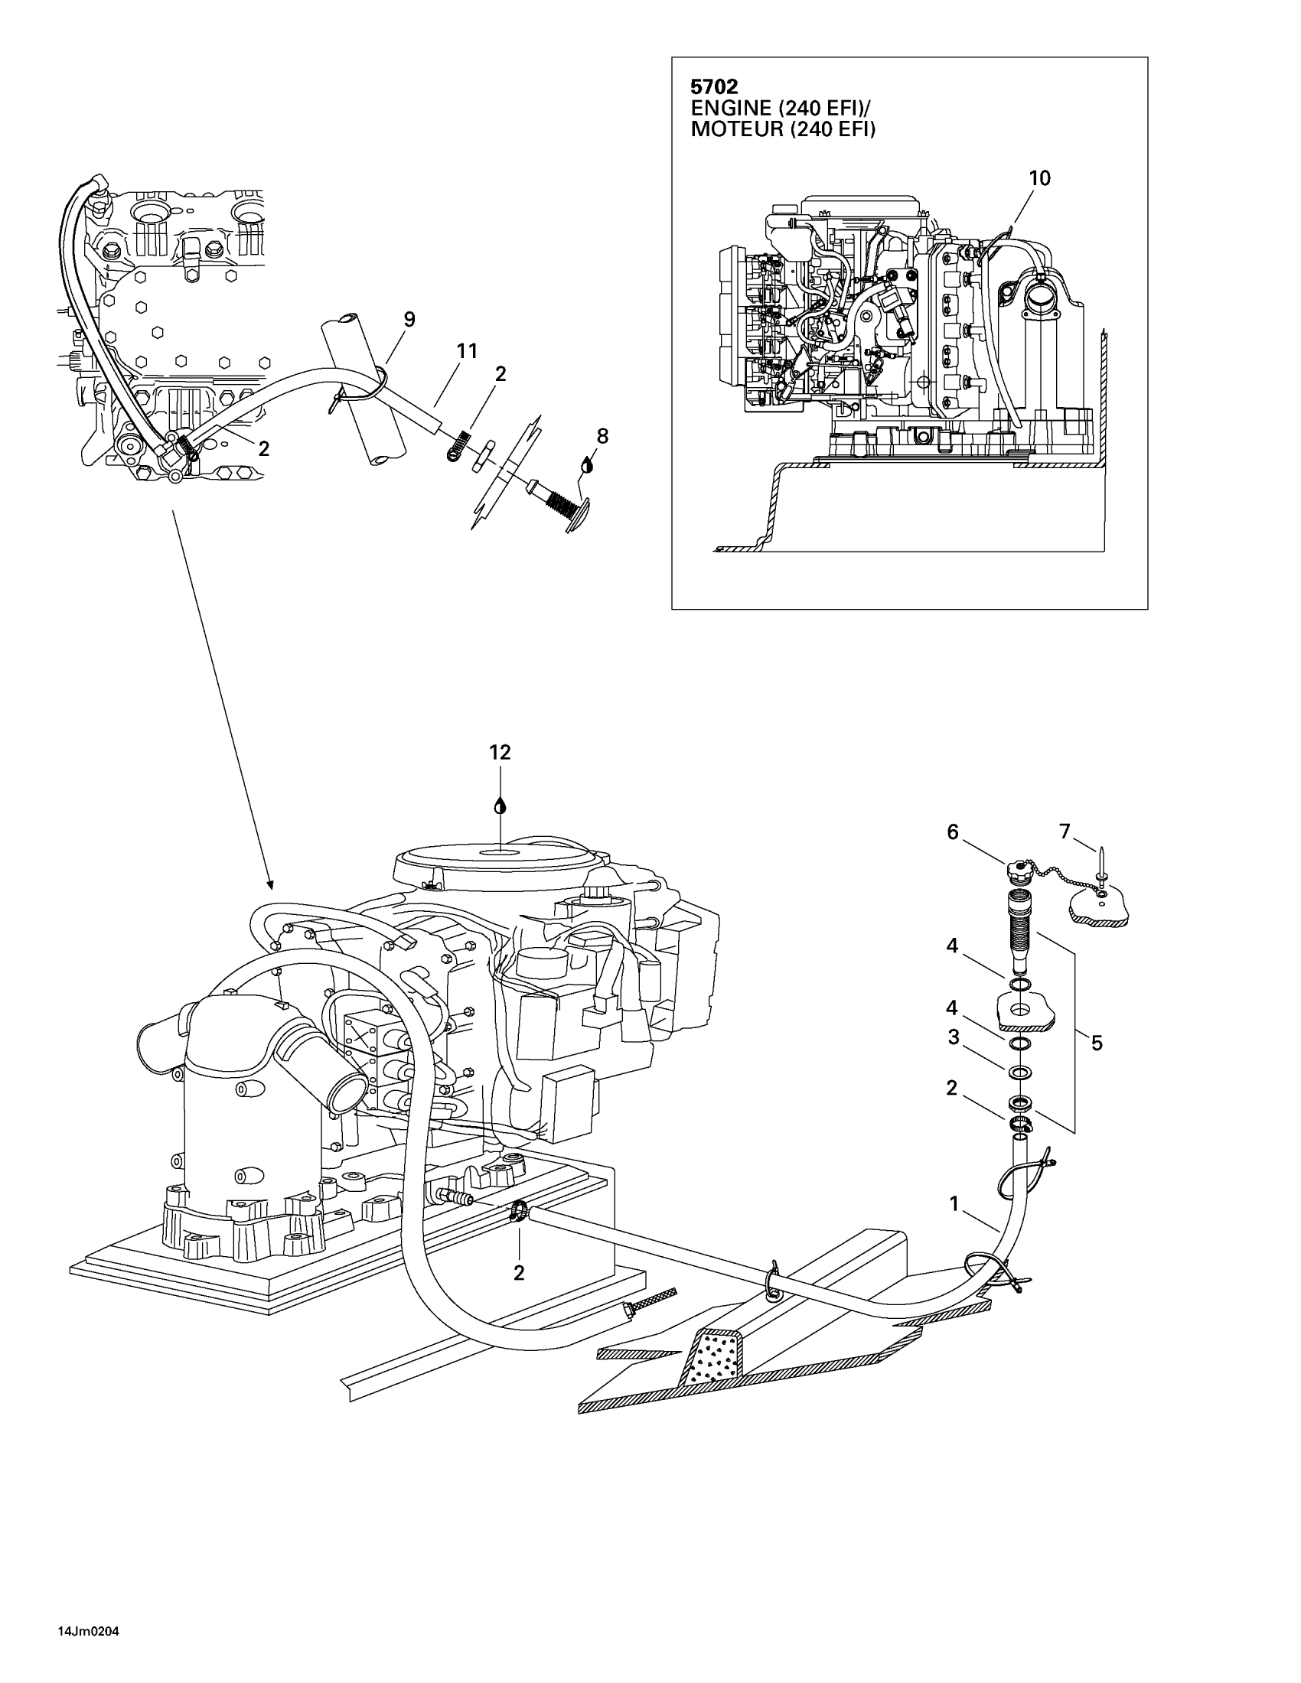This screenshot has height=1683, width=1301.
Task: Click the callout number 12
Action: point(501,752)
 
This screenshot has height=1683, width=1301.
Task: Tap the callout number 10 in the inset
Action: point(1039,178)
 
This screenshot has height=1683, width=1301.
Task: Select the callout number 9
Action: point(409,319)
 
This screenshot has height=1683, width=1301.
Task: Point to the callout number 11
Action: point(467,351)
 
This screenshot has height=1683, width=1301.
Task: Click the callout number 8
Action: point(602,436)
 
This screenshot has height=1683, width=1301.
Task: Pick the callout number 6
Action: point(953,832)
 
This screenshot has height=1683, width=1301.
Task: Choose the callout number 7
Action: point(1065,832)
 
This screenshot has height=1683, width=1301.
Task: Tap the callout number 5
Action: point(1097,1043)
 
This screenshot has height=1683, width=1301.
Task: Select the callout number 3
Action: point(954,1037)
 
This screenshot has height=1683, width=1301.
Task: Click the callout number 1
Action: point(954,1203)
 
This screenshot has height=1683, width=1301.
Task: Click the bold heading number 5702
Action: point(714,86)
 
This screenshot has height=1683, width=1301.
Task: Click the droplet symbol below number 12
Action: point(501,806)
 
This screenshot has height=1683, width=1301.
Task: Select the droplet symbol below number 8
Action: point(587,464)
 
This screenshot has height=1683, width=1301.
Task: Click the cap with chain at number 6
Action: point(1016,871)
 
